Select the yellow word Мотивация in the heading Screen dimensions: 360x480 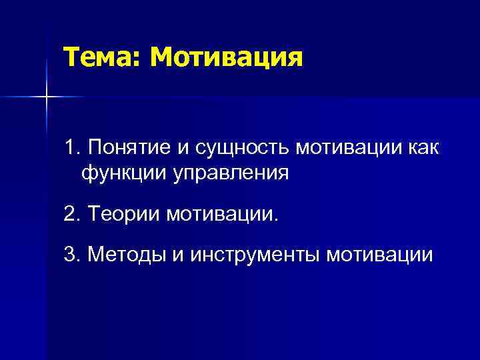pyautogui.click(x=226, y=57)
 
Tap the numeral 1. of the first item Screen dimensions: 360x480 pyautogui.click(x=72, y=146)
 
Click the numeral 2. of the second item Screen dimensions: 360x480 pyautogui.click(x=72, y=215)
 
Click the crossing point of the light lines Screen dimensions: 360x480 pyautogui.click(x=47, y=97)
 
